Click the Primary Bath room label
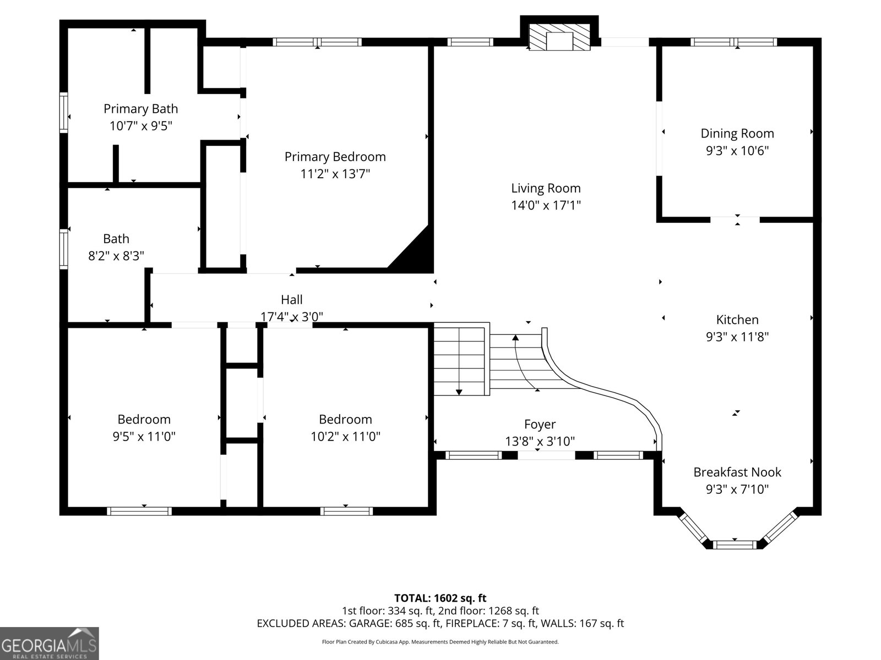pos(140,109)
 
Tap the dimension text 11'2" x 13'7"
pos(335,174)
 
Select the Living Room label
pos(546,188)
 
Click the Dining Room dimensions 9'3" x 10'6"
pos(737,151)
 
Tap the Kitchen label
pos(737,320)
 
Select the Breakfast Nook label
pos(737,472)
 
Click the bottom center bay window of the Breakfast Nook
pos(736,544)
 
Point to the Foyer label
pos(540,424)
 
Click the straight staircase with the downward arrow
pos(460,360)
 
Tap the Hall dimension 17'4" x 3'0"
pos(291,316)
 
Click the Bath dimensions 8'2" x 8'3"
pos(116,256)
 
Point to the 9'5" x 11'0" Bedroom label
pos(144,420)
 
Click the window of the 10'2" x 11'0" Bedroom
pos(346,511)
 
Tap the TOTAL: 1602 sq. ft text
pos(440,598)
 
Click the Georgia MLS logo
pos(49,643)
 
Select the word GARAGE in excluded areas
pos(369,624)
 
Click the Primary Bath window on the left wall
pos(64,113)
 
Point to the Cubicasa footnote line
pos(440,642)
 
